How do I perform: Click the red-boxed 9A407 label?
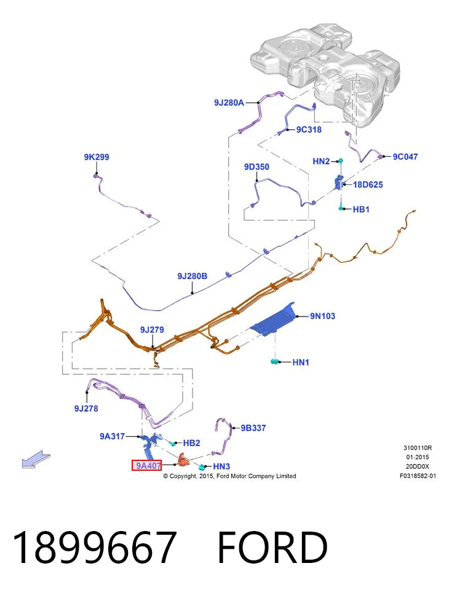click(x=146, y=465)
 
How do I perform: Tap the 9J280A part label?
click(x=229, y=103)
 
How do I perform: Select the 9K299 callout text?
click(x=97, y=157)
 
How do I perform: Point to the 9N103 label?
click(x=322, y=316)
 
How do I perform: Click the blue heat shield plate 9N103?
click(x=275, y=320)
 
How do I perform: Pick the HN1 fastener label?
click(x=301, y=362)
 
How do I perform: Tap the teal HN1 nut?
click(x=274, y=361)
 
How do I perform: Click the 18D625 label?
click(x=368, y=184)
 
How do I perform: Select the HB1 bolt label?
click(x=361, y=210)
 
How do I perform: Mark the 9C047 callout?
click(x=405, y=156)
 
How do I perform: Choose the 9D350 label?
click(x=256, y=167)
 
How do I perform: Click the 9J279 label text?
click(x=152, y=329)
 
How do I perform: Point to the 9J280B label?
click(x=192, y=276)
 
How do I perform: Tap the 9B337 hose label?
click(x=253, y=428)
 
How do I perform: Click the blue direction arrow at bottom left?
click(x=36, y=459)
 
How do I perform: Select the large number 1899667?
click(x=95, y=547)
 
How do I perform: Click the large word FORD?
click(x=272, y=547)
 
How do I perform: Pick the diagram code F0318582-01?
click(x=418, y=476)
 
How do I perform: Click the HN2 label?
click(x=321, y=161)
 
